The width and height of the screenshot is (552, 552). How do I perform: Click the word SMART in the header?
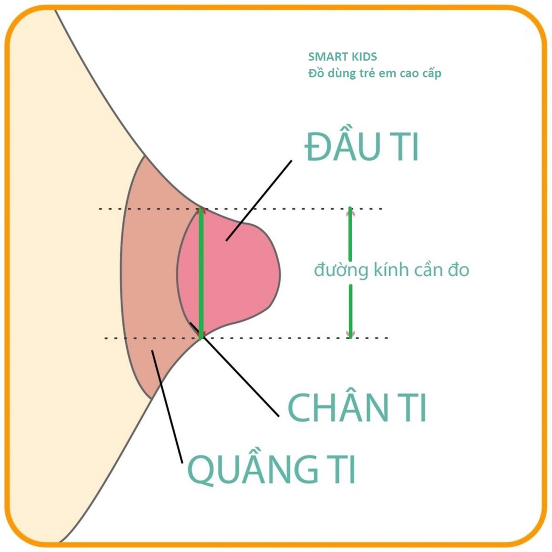pos(326,57)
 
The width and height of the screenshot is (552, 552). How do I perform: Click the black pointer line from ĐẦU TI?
pos(259,200)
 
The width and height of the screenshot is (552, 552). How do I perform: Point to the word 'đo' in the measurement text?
pos(458,270)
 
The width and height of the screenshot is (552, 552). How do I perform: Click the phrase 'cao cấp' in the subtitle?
pos(419,73)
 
